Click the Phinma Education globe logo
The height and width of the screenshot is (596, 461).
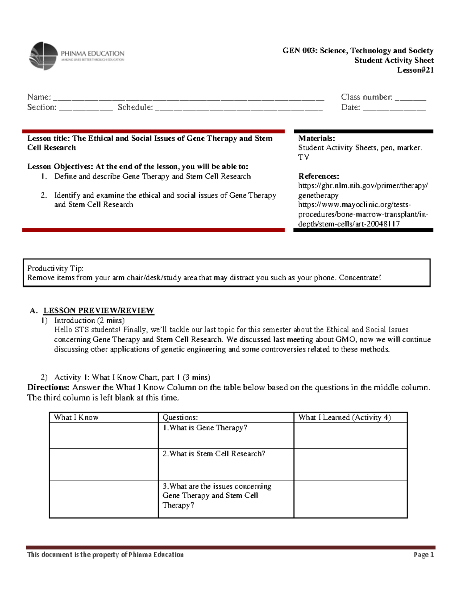43,56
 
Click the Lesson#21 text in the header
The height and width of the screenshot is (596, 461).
415,70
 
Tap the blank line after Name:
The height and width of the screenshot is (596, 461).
188,98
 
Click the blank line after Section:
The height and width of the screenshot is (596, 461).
86,109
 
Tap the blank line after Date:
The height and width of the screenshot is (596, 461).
394,109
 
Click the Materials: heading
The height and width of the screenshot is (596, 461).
317,139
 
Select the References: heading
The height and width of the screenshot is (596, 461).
318,177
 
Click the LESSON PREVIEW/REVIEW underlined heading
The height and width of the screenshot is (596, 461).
99,310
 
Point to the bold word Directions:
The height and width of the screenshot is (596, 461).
48,387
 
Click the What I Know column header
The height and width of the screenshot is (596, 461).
76,418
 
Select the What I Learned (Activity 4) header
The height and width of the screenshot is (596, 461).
345,418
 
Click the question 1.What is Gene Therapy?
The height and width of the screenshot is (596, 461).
205,428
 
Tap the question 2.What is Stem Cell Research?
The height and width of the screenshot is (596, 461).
214,454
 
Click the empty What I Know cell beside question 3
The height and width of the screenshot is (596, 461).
104,499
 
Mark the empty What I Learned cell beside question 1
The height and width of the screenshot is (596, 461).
350,435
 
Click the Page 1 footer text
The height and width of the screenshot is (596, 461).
424,555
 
